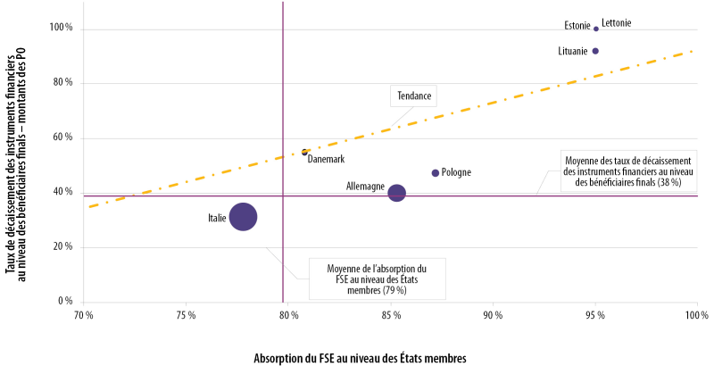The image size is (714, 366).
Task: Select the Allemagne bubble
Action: [397, 193]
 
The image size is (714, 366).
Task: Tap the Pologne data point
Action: [436, 173]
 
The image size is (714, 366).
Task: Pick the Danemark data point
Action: [304, 153]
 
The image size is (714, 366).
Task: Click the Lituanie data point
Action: [596, 51]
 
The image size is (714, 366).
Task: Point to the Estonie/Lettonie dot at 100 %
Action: [596, 29]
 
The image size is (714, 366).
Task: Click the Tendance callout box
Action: [412, 96]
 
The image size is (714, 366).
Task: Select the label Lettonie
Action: [617, 22]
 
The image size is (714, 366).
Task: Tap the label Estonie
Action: [577, 26]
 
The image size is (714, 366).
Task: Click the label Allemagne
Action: [365, 187]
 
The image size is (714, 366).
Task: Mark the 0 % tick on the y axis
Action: [63, 302]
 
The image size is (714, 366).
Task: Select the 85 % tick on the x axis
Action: [390, 315]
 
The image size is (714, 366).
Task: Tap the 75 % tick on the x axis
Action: [186, 315]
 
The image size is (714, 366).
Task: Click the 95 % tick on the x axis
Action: [595, 315]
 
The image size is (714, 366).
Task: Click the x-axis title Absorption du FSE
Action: [361, 356]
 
